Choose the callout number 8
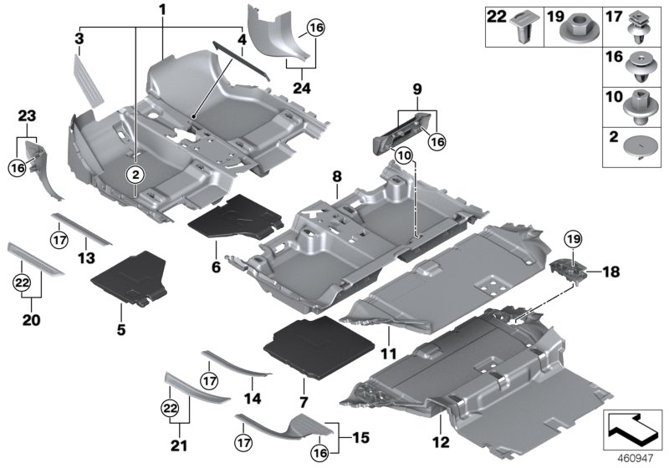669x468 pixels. (x=337, y=177)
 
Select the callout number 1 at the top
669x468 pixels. (x=162, y=10)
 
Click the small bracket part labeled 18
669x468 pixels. (x=566, y=272)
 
